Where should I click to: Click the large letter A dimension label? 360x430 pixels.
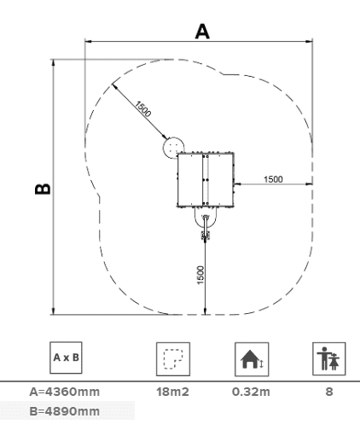point(202,32)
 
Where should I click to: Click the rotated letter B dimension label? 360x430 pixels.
point(43,189)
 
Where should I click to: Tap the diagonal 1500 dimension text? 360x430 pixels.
point(142,109)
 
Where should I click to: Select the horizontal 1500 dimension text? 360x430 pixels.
point(273,179)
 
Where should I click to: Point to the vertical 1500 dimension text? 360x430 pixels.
point(200,275)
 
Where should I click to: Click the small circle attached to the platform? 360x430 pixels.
point(173,148)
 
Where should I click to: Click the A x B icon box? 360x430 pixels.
point(66,357)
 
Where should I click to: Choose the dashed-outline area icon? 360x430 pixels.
point(173,359)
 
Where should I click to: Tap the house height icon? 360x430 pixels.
point(252,359)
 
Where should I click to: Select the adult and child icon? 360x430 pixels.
point(329,359)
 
